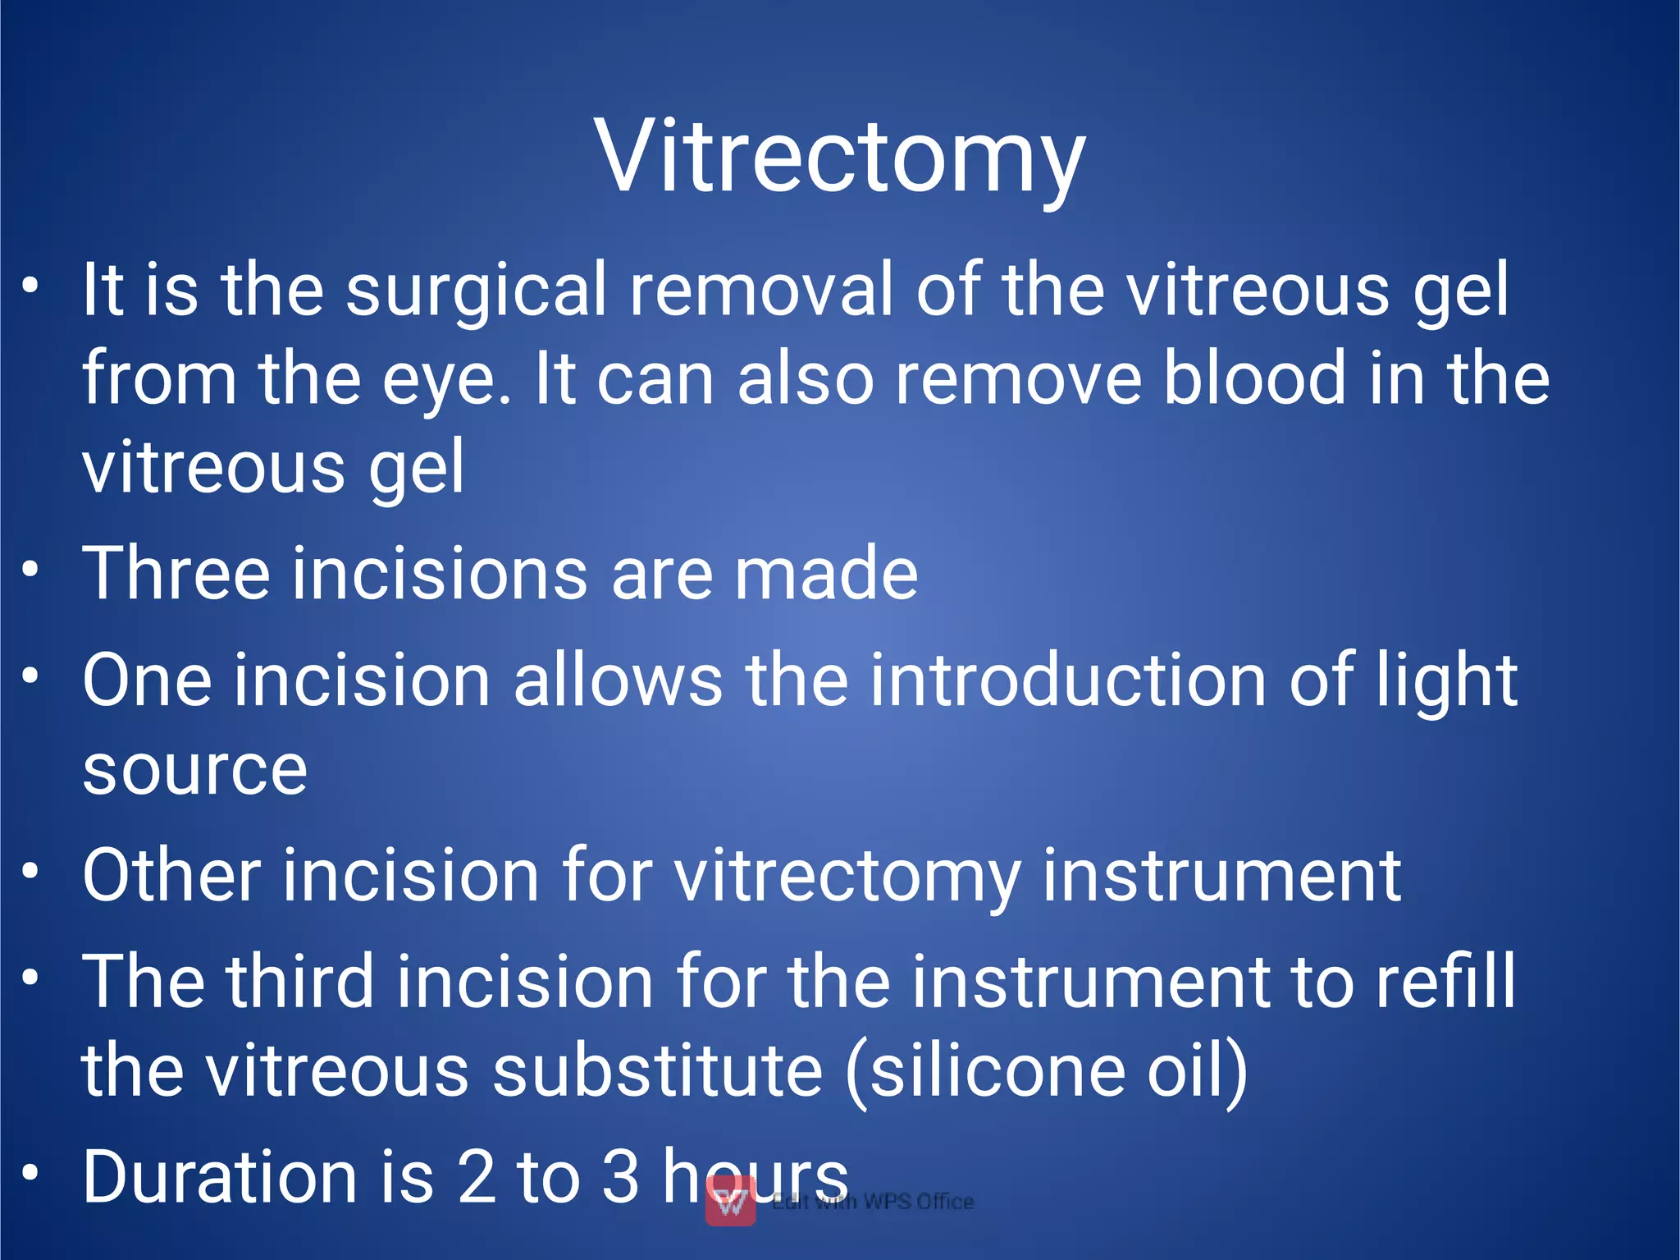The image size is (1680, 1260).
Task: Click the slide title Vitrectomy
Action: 839,156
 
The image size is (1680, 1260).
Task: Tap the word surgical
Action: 476,290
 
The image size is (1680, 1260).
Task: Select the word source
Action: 195,772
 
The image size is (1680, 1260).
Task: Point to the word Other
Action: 171,876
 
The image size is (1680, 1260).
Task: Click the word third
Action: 300,982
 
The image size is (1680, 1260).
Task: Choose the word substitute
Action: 657,1071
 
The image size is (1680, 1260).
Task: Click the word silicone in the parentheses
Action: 997,1071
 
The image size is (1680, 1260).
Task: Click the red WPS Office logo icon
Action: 730,1200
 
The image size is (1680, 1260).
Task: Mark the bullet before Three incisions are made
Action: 30,569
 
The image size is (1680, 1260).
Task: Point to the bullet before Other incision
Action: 30,871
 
